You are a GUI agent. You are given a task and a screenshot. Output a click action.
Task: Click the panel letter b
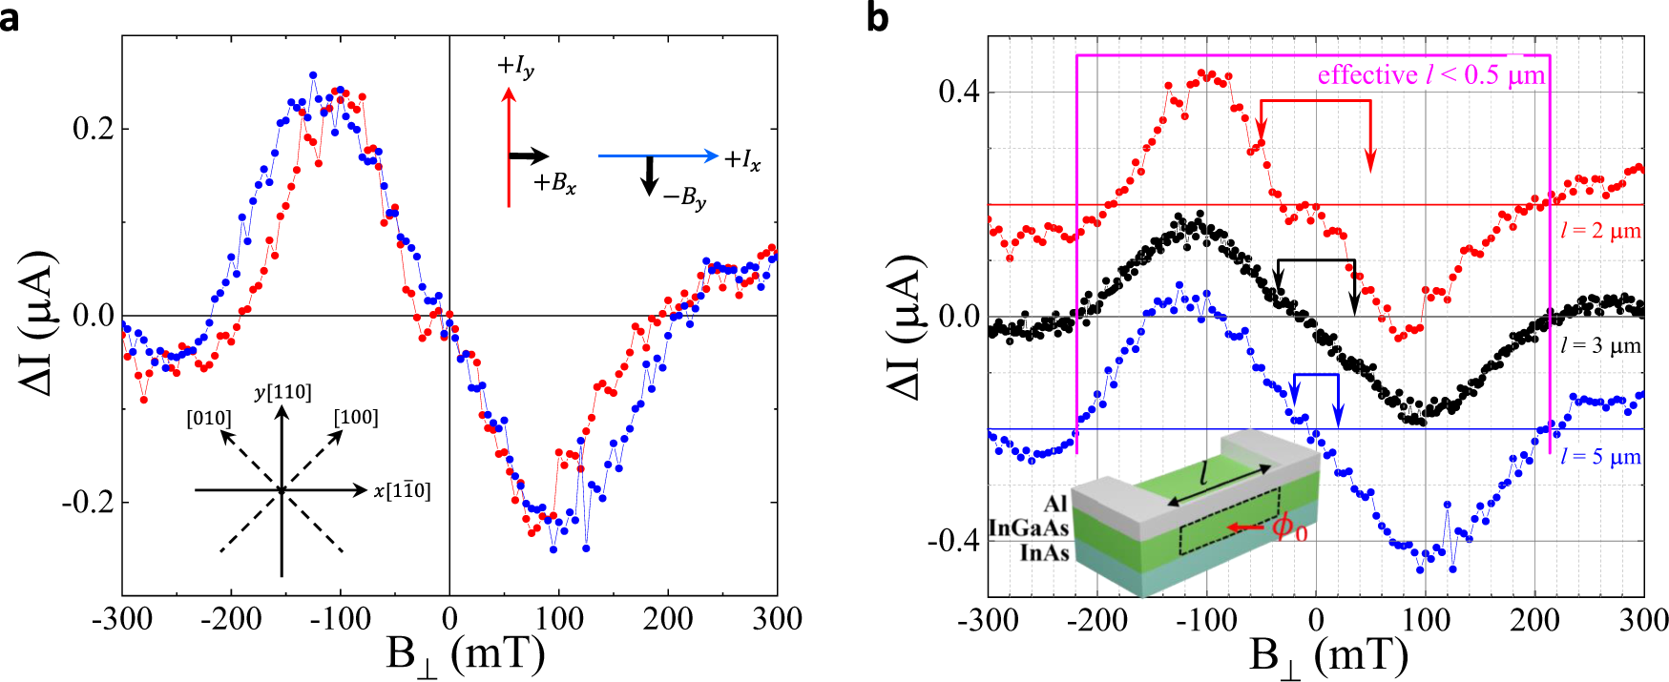(x=878, y=16)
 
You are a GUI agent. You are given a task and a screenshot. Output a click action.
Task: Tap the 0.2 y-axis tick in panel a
(x=93, y=129)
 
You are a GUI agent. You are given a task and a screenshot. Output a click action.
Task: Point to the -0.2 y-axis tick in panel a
(x=88, y=503)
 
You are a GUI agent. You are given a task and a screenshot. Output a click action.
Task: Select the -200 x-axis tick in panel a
(x=231, y=620)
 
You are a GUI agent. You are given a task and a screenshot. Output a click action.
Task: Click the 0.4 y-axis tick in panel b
(x=959, y=93)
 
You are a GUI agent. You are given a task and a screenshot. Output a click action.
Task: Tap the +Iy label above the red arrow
(x=515, y=67)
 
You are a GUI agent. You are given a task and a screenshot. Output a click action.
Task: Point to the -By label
(x=685, y=198)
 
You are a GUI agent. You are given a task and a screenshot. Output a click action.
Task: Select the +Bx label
(x=554, y=183)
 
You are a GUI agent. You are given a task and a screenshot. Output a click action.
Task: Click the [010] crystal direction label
(x=209, y=419)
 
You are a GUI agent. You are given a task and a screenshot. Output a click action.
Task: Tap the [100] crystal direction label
(x=356, y=418)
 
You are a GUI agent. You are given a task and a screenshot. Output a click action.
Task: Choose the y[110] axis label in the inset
(x=282, y=392)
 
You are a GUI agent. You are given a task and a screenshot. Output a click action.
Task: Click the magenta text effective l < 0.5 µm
(x=1430, y=75)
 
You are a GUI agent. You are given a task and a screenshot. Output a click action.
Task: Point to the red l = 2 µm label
(x=1600, y=231)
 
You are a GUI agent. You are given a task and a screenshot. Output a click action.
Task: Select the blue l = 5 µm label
(x=1600, y=457)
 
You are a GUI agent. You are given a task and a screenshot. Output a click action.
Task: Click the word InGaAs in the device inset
(x=1028, y=528)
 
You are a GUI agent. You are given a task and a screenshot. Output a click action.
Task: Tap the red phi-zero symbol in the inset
(x=1291, y=527)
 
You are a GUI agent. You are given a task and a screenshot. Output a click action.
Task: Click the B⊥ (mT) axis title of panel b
(x=1328, y=656)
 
